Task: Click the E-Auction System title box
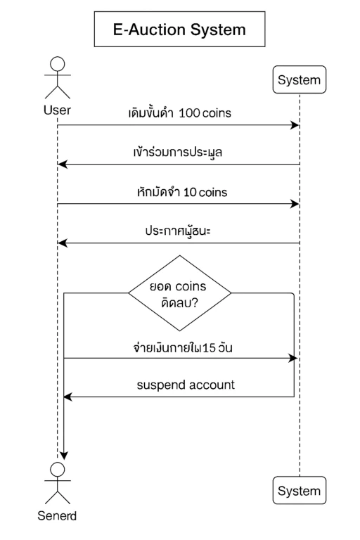click(x=179, y=29)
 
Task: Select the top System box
click(x=299, y=79)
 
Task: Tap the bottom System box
click(x=299, y=490)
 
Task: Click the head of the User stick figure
click(x=57, y=64)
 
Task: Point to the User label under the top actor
click(x=57, y=110)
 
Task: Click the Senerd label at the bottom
click(x=57, y=516)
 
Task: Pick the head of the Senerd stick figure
click(x=57, y=470)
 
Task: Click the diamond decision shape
click(x=179, y=293)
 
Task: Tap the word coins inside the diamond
click(x=191, y=287)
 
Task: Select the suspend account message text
click(x=186, y=385)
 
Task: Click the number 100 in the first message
click(x=189, y=112)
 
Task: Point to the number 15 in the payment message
click(x=209, y=348)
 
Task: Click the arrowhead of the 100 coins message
click(x=295, y=125)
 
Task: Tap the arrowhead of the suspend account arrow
click(x=68, y=397)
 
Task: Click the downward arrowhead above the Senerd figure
click(x=64, y=456)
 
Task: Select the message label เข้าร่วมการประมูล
click(x=178, y=152)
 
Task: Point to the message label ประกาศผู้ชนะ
click(x=178, y=231)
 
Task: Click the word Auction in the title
click(x=157, y=30)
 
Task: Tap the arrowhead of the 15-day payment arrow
click(x=293, y=358)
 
